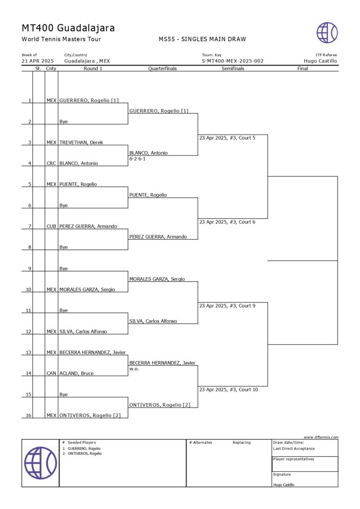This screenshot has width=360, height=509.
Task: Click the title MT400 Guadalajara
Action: click(x=68, y=28)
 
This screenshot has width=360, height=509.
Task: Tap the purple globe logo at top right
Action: click(x=327, y=32)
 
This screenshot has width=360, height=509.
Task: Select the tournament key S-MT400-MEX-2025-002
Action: click(x=232, y=61)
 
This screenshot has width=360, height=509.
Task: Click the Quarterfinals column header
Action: click(x=163, y=69)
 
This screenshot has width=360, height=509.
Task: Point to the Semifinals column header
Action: click(x=233, y=69)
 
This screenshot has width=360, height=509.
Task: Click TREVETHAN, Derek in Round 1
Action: click(x=82, y=143)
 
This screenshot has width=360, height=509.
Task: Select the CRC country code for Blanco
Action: click(x=51, y=164)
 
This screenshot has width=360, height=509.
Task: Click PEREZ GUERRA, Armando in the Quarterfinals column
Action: click(x=158, y=237)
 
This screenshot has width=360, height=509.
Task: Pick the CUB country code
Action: click(x=51, y=227)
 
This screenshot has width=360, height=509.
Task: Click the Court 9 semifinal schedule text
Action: click(x=227, y=306)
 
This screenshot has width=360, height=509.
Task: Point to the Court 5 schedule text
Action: click(x=227, y=138)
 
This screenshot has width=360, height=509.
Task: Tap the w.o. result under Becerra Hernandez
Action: click(x=134, y=369)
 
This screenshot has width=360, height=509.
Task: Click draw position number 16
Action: click(x=29, y=415)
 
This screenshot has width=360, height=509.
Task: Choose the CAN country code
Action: click(x=51, y=373)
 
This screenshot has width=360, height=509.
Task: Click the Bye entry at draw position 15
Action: click(x=64, y=394)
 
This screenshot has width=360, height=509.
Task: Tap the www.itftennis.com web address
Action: click(x=321, y=437)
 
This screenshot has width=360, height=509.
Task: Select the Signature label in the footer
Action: click(x=282, y=474)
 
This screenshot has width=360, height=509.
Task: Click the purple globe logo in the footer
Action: click(x=40, y=463)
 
